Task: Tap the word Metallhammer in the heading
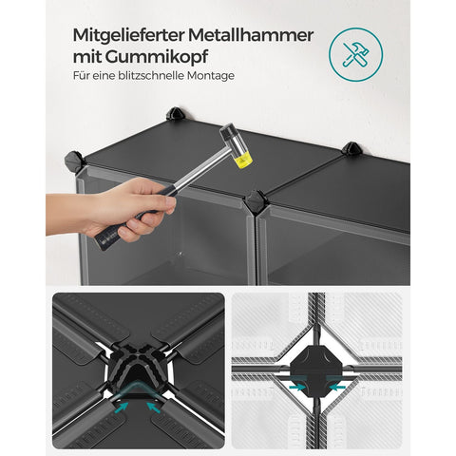pyautogui.click(x=254, y=36)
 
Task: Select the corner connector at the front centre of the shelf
pyautogui.click(x=256, y=202)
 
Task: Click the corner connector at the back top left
pyautogui.click(x=175, y=115)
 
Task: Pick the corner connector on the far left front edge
pyautogui.click(x=72, y=161)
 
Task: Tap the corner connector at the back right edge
pyautogui.click(x=351, y=149)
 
